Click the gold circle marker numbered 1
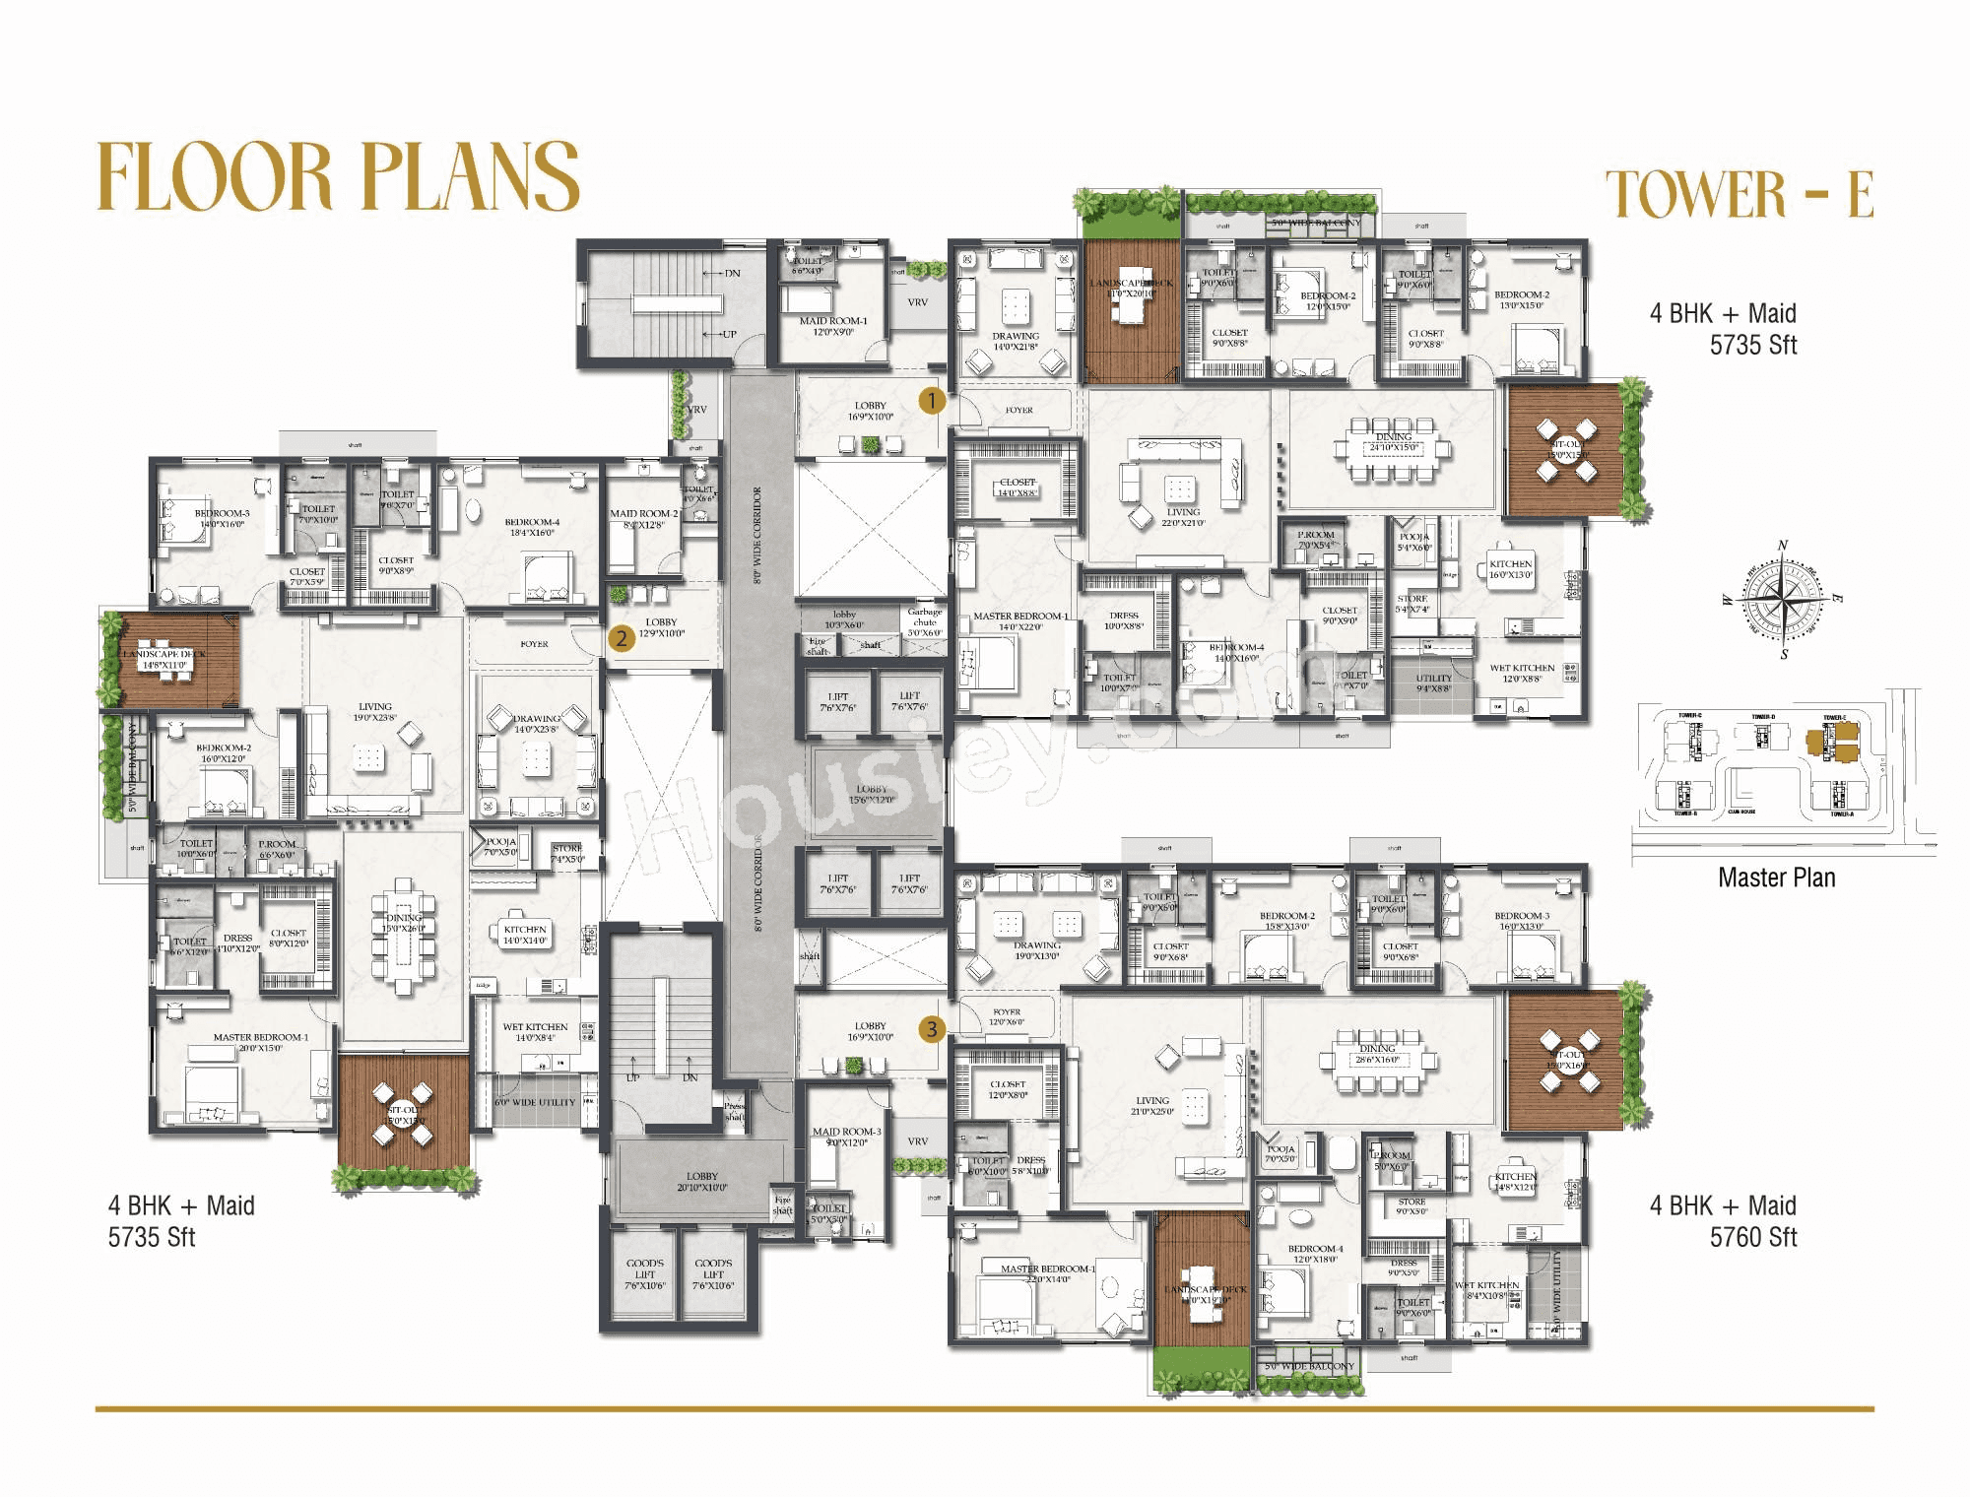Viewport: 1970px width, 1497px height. [932, 401]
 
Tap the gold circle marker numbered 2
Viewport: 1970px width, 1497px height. [622, 638]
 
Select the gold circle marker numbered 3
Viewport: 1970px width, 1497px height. [932, 1030]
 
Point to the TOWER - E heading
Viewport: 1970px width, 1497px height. [1739, 193]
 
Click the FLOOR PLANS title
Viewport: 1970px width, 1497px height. [339, 176]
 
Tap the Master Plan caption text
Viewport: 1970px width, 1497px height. [1776, 878]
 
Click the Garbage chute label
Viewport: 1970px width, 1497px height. [925, 618]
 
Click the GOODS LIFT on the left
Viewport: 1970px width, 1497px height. [645, 1274]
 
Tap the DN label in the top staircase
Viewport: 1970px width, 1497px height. [732, 273]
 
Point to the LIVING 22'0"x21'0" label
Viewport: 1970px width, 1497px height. [1183, 517]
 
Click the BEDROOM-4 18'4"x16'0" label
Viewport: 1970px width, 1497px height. [532, 527]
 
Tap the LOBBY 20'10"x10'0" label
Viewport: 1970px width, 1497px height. [702, 1182]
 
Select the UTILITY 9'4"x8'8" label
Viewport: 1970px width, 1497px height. [1433, 683]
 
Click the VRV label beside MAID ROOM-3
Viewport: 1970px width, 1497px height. [917, 1141]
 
